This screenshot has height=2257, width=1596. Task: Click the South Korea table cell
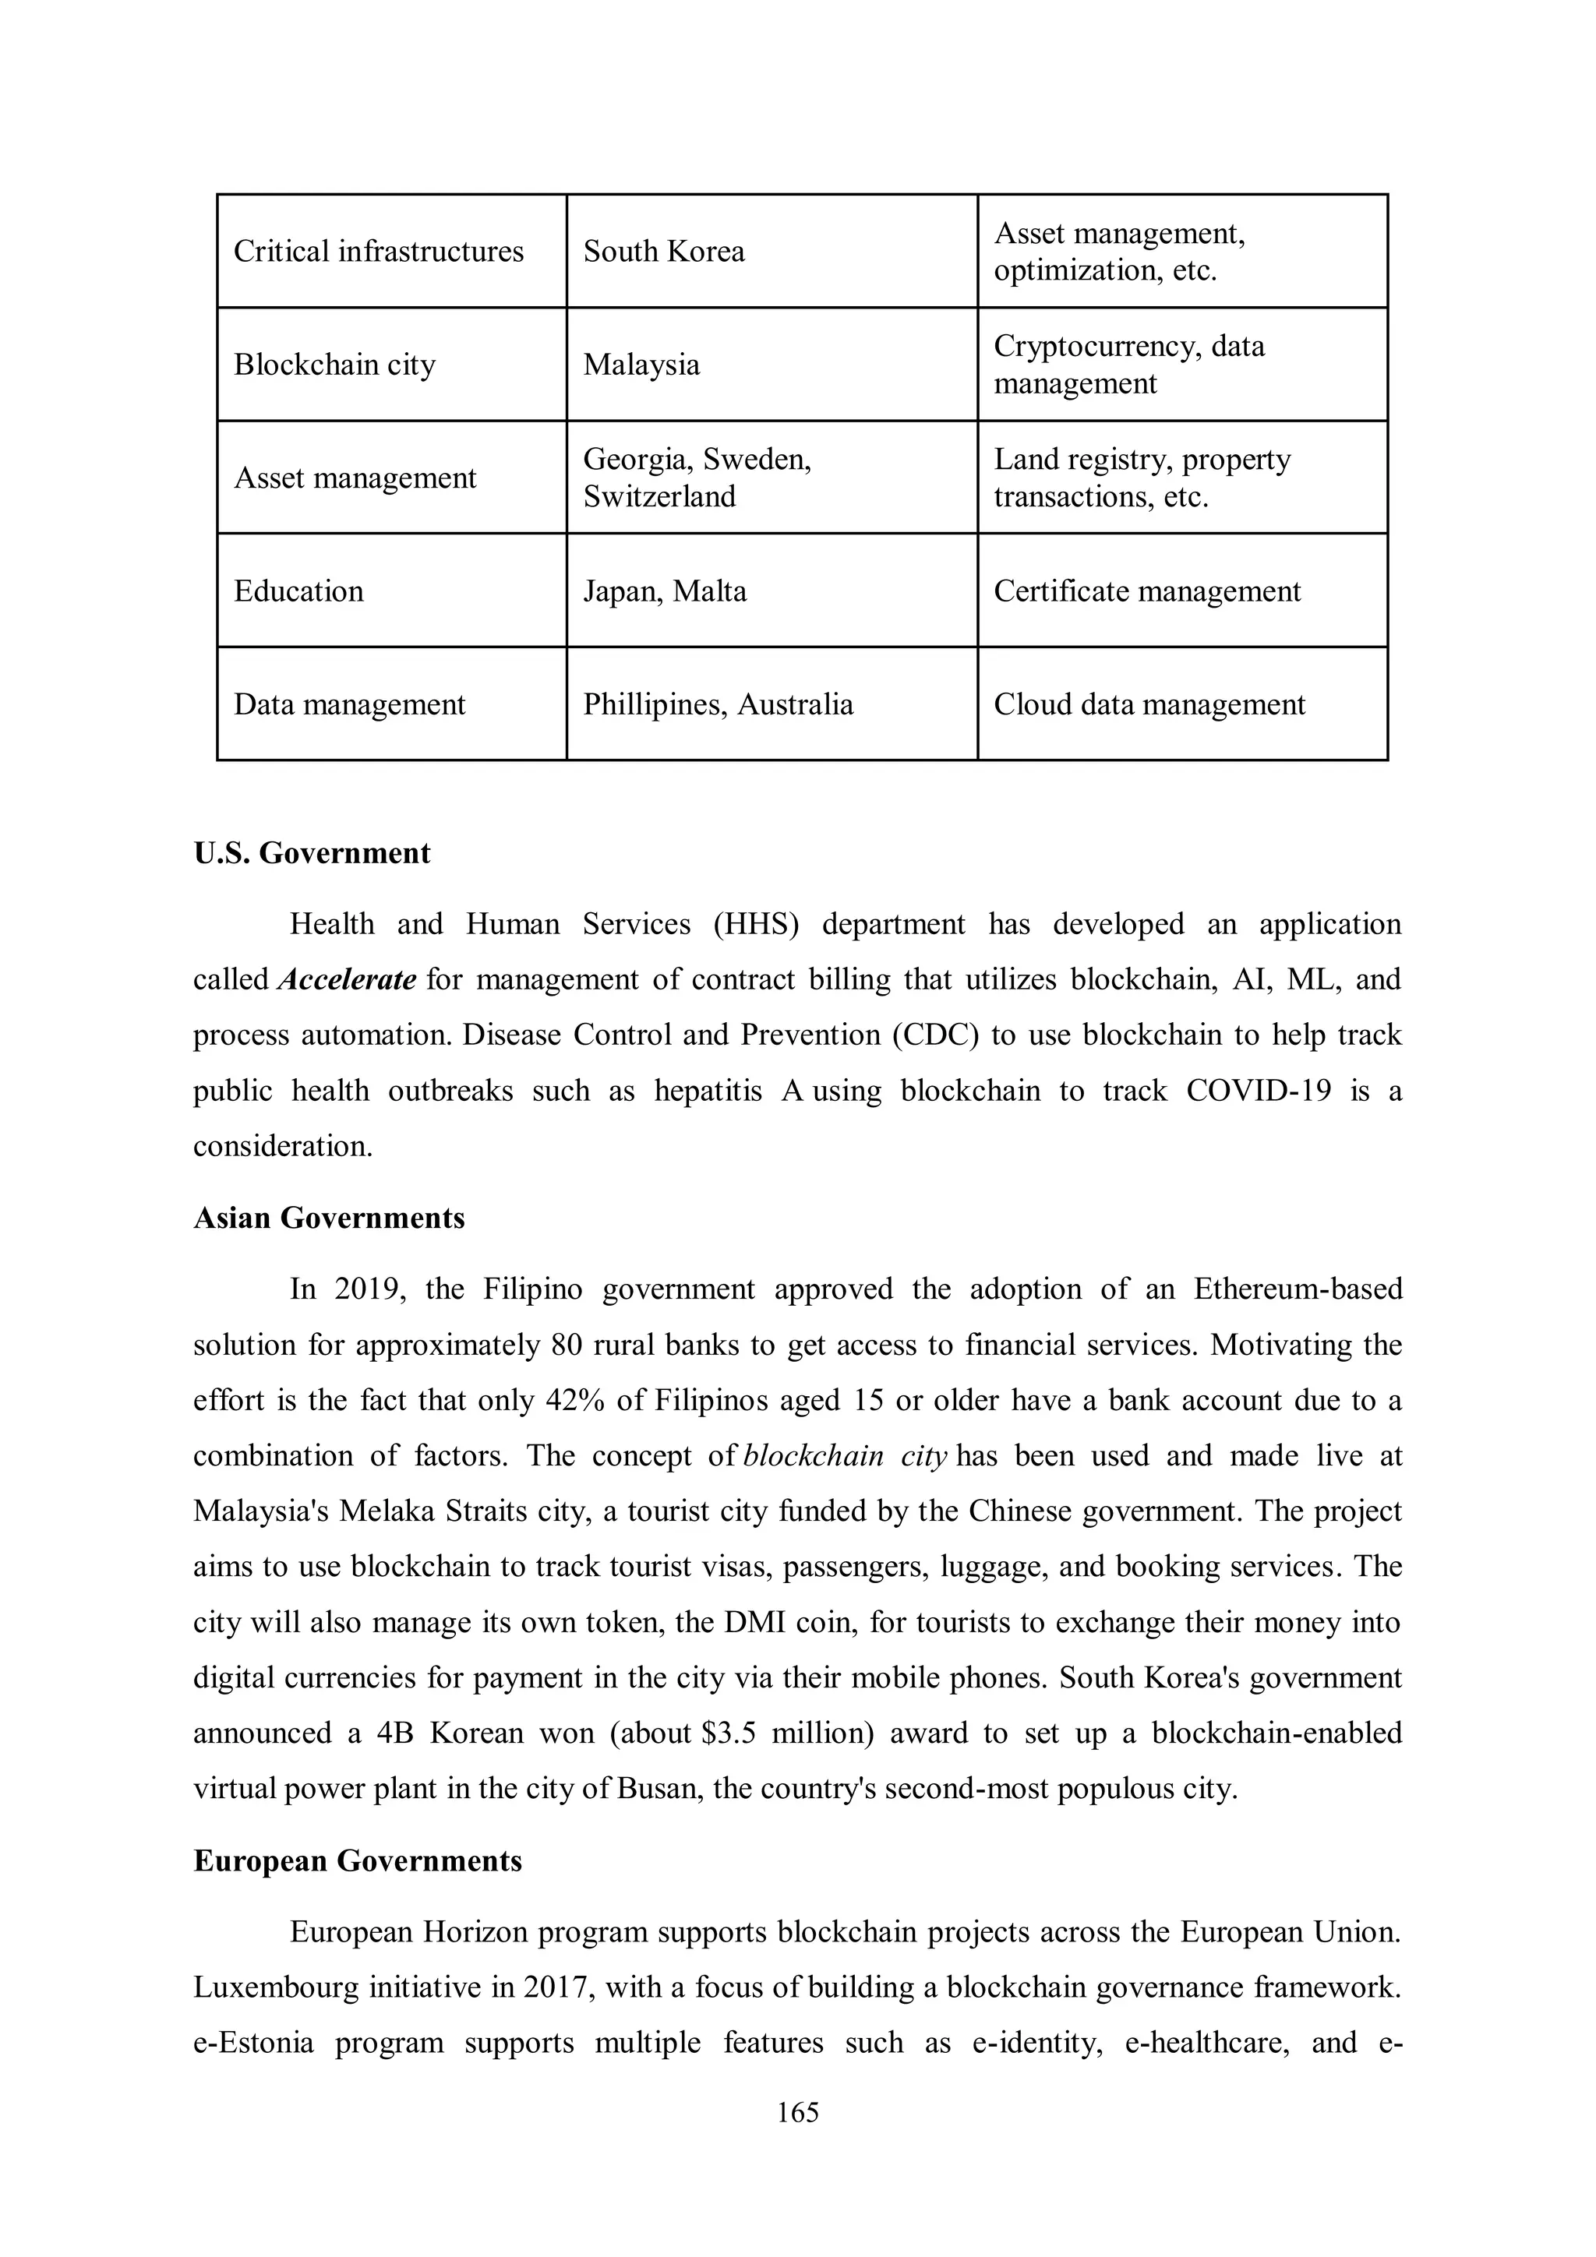664,252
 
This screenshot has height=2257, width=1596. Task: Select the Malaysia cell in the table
641,365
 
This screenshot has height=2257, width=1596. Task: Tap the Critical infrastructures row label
379,252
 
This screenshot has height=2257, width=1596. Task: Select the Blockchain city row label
334,365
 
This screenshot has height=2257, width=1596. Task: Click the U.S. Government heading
312,852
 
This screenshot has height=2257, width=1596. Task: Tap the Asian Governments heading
328,1218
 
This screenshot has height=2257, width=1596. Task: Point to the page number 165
797,2111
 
